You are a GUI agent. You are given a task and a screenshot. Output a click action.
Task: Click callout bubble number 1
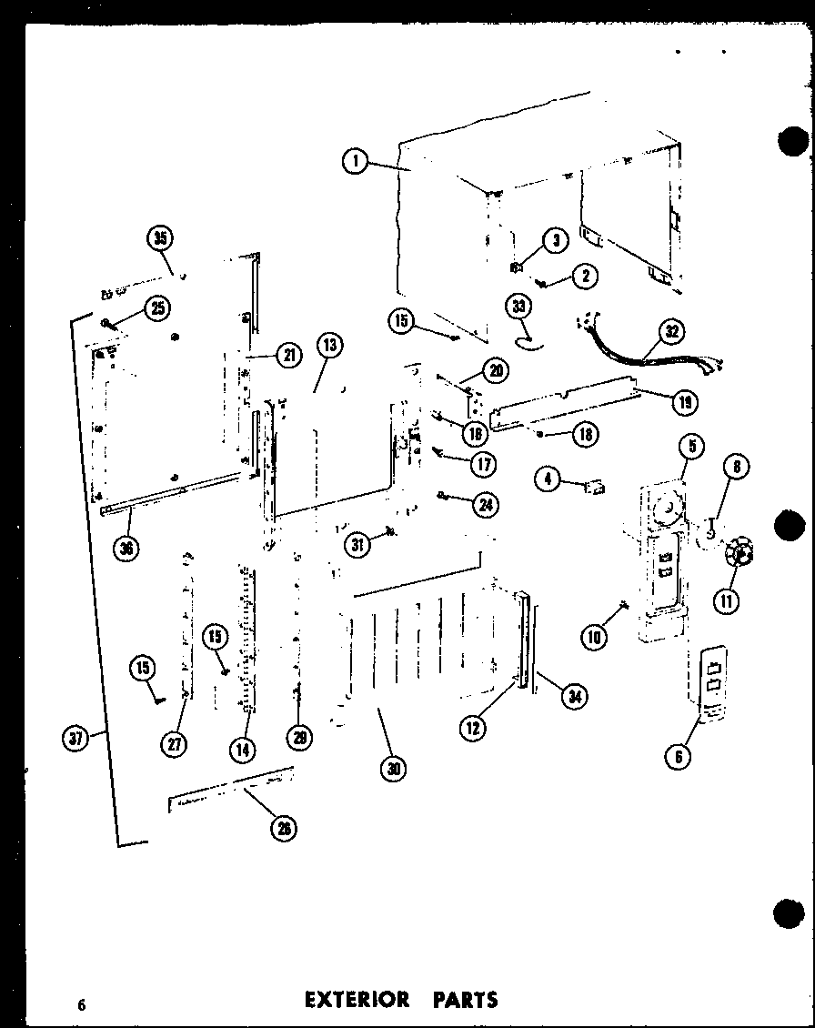coord(355,163)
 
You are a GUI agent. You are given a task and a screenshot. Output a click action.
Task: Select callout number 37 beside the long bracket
coord(78,740)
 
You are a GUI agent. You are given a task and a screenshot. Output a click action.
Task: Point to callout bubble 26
coord(285,827)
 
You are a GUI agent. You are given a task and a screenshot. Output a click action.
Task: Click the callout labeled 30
coord(393,769)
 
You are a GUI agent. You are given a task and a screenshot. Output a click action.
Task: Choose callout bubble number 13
coord(329,345)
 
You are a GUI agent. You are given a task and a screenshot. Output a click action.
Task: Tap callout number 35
coord(160,239)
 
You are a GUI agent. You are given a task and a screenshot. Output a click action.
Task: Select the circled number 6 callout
coord(679,754)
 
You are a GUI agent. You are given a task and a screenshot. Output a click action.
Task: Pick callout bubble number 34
coord(574,698)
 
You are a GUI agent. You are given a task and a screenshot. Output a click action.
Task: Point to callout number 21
coord(288,357)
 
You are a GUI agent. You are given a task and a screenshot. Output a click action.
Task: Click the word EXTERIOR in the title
coord(356,999)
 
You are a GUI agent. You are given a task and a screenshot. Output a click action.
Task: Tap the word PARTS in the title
coord(466,999)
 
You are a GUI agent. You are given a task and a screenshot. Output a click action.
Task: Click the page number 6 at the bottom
coord(81,1003)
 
